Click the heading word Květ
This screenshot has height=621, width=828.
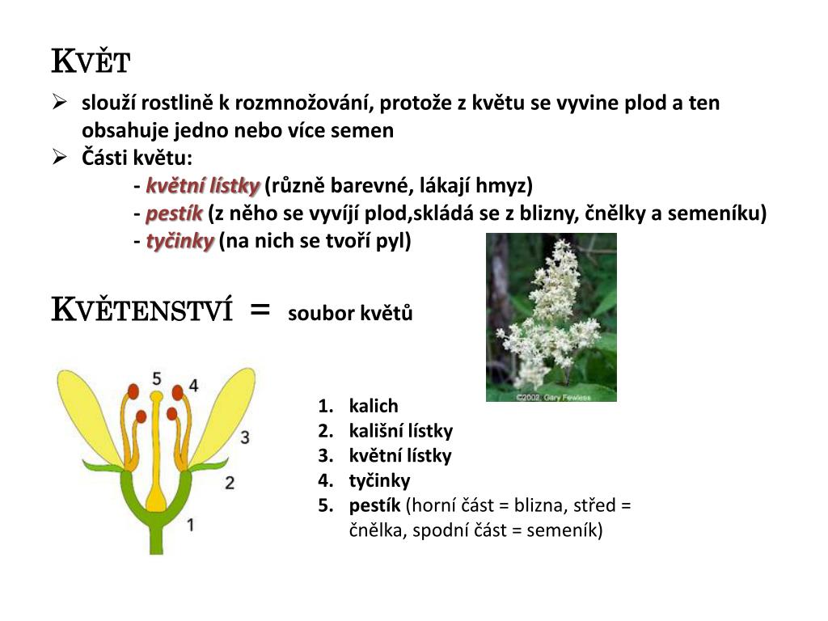pyautogui.click(x=91, y=61)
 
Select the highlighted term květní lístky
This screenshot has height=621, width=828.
pyautogui.click(x=202, y=187)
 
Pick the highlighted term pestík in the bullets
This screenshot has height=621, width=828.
pyautogui.click(x=174, y=214)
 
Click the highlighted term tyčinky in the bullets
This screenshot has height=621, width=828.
pyautogui.click(x=180, y=241)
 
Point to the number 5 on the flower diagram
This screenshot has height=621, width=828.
pyautogui.click(x=157, y=378)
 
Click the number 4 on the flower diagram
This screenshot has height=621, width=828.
pyautogui.click(x=193, y=386)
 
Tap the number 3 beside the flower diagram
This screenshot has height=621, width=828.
pyautogui.click(x=245, y=437)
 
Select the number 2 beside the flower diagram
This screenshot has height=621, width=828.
pyautogui.click(x=230, y=483)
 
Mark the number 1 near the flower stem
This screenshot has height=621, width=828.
pyautogui.click(x=191, y=525)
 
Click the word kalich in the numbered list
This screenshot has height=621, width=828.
pyautogui.click(x=374, y=406)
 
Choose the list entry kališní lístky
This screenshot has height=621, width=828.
pyautogui.click(x=401, y=431)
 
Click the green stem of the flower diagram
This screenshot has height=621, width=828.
pyautogui.click(x=155, y=538)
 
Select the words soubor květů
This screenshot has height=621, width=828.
pyautogui.click(x=350, y=314)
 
